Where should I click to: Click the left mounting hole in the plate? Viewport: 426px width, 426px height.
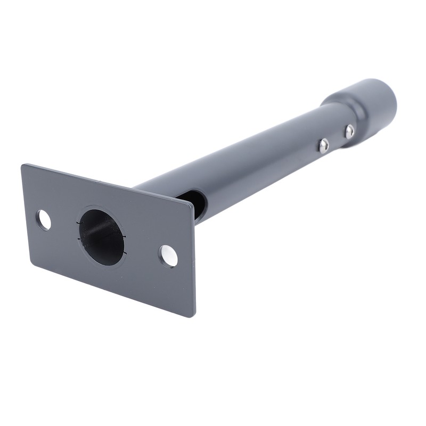pos(44,220)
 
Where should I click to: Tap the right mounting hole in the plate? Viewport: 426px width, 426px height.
pos(168,256)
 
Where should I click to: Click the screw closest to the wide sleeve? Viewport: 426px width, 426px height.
pos(349,131)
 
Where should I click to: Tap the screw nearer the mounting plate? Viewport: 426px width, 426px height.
pos(323,145)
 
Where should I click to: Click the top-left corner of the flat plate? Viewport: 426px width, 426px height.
pos(23,166)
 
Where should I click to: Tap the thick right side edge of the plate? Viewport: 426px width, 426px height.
pos(194,261)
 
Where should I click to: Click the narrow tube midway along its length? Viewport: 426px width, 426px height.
pos(256,154)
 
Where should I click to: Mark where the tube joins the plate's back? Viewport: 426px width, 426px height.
pos(154,186)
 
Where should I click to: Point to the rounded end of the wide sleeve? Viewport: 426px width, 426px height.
pos(391,101)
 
